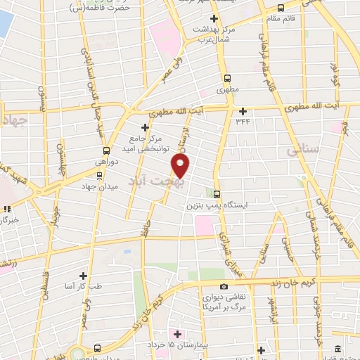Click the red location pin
(181, 166)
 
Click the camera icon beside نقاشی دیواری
(224, 286)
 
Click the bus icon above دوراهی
(106, 150)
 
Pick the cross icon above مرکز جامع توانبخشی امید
(145, 127)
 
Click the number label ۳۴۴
(243, 122)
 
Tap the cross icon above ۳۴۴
(243, 110)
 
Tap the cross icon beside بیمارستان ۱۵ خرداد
(176, 333)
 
